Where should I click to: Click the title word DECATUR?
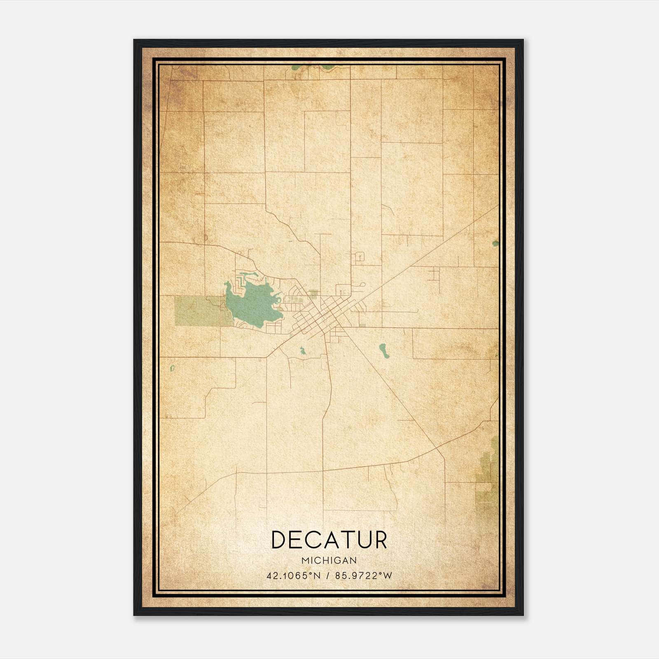[329, 540]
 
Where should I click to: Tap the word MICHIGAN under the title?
[329, 560]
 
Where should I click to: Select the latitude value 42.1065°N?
[293, 575]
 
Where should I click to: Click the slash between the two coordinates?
[328, 575]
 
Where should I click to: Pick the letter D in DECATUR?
[279, 540]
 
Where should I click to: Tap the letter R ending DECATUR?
[380, 540]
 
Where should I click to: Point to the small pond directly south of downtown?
[303, 351]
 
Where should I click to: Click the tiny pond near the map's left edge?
[172, 367]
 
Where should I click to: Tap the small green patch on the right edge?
[495, 243]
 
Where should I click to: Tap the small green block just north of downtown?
[313, 293]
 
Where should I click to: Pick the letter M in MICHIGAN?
[304, 560]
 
